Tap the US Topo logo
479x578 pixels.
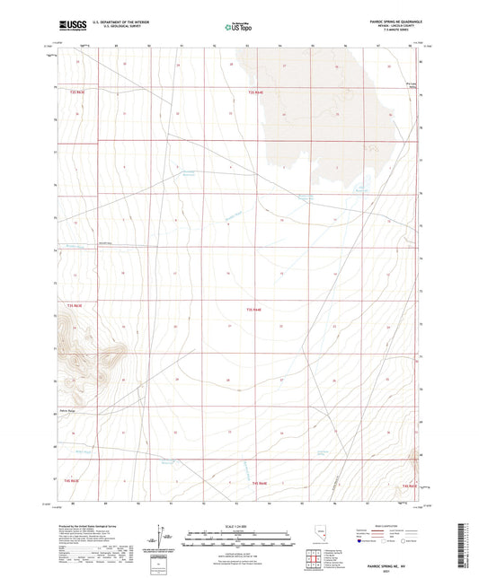[x=236, y=28]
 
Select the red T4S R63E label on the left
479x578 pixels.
[x=74, y=307]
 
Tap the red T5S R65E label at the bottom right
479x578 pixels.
[x=410, y=485]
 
